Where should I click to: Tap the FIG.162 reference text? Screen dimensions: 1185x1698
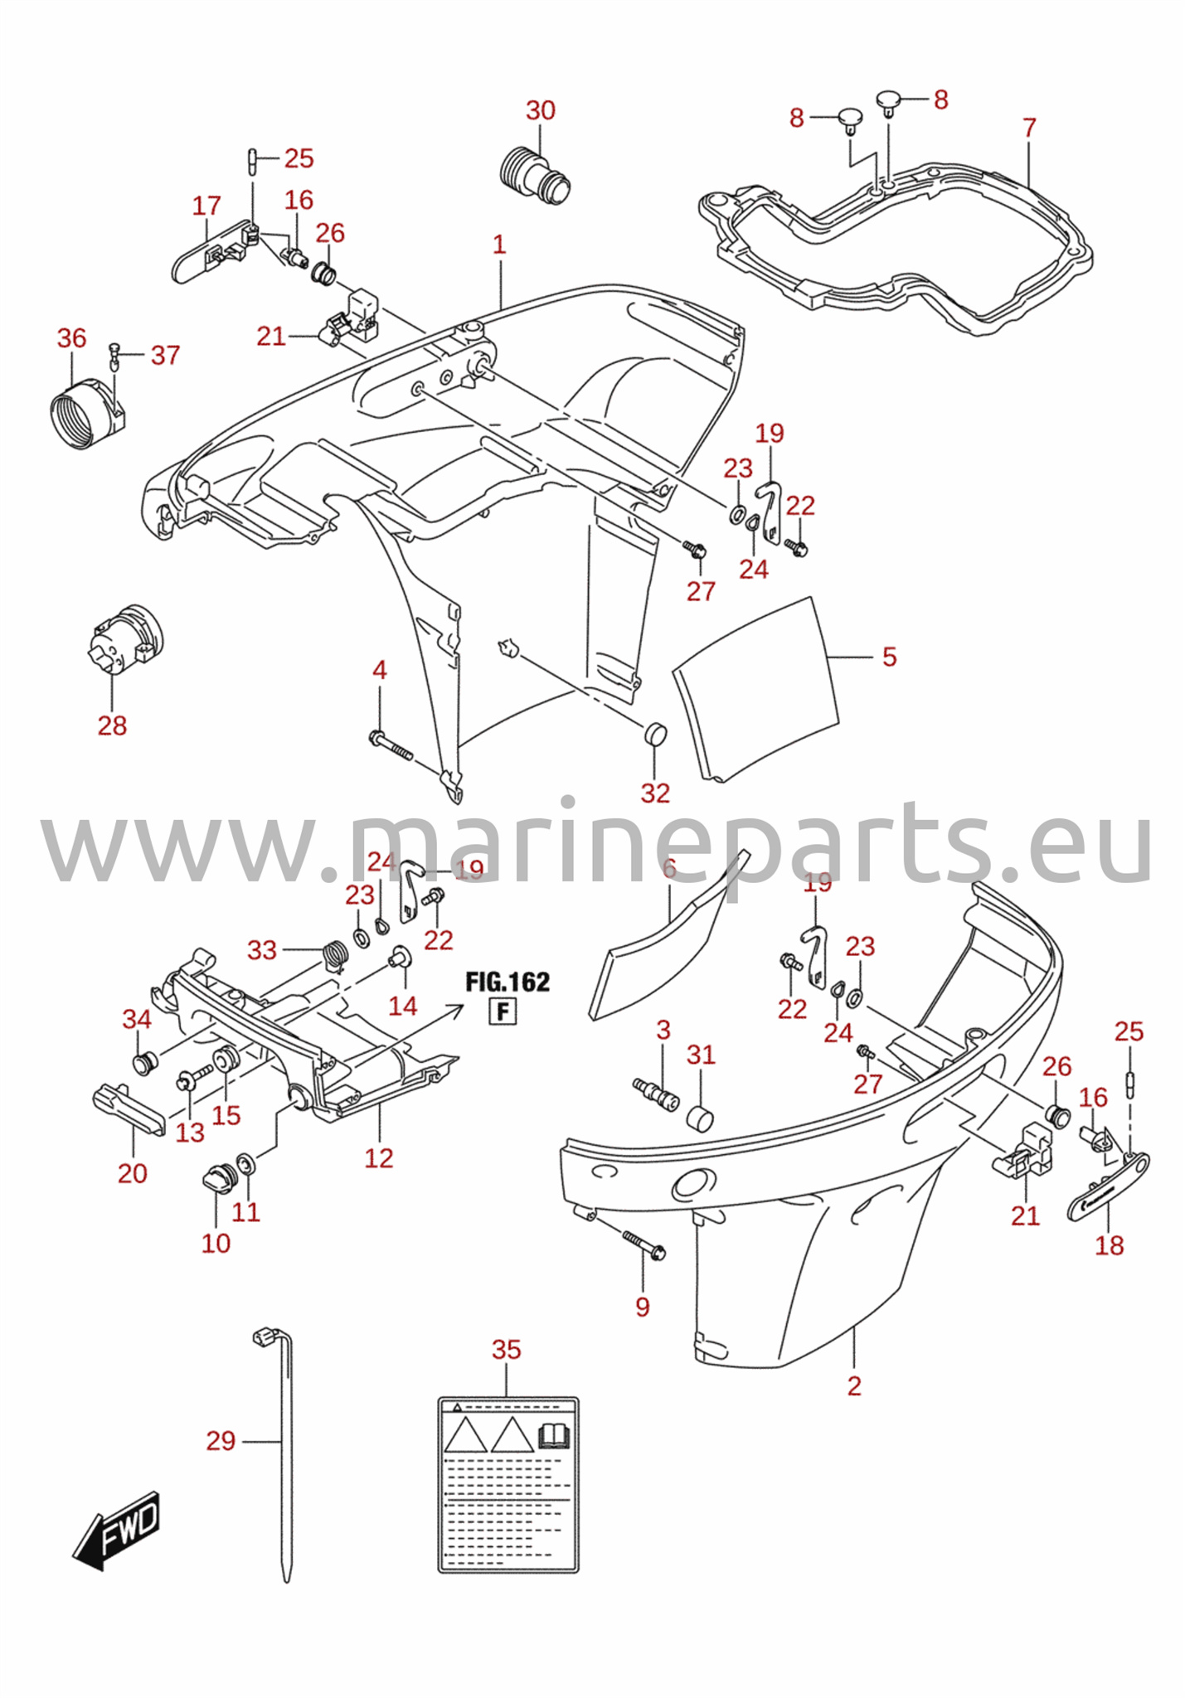point(508,982)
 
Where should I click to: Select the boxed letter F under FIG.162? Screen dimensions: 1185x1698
point(503,1012)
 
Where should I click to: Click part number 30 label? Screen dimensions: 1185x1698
point(541,110)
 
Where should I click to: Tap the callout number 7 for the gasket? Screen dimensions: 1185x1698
point(1029,129)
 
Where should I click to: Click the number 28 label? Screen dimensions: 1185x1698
point(113,725)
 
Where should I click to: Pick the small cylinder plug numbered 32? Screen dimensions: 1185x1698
point(655,734)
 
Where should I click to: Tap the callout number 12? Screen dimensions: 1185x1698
point(379,1158)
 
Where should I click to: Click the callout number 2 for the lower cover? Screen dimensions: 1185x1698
point(855,1385)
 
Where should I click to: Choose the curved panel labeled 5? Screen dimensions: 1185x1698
point(755,689)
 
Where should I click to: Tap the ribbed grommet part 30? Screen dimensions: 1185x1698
point(536,176)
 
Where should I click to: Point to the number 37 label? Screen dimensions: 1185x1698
point(166,356)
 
